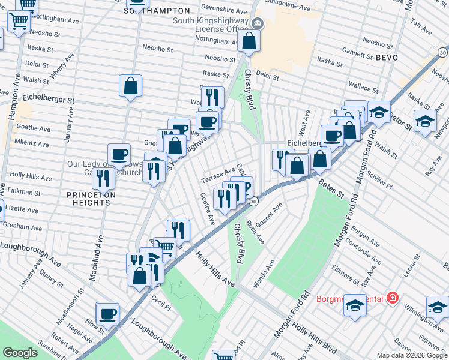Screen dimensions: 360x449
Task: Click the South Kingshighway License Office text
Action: tap(202, 25)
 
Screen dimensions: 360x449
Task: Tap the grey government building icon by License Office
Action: tap(258, 24)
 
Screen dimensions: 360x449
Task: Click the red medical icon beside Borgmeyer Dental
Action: tap(393, 297)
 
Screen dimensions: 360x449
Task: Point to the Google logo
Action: tap(20, 353)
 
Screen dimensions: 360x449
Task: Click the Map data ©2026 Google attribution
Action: tap(412, 355)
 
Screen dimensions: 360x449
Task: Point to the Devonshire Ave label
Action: tap(224, 11)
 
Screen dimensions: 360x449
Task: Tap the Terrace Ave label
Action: tap(218, 175)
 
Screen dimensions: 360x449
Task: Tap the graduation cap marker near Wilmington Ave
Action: tap(437, 307)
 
